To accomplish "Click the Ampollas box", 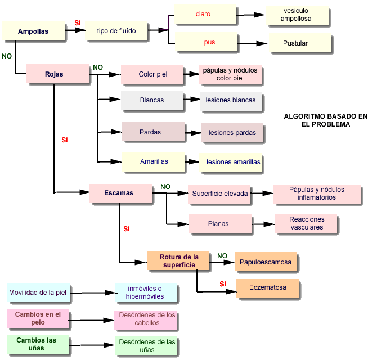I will pyautogui.click(x=33, y=31).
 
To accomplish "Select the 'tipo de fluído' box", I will pyautogui.click(x=116, y=31).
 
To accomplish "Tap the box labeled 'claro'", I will pyautogui.click(x=203, y=14).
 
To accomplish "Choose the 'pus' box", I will pyautogui.click(x=209, y=42).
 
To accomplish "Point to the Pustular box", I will pyautogui.click(x=295, y=43).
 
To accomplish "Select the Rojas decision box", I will pyautogui.click(x=54, y=74).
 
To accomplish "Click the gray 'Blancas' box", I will pyautogui.click(x=152, y=100).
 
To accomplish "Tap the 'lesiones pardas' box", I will pyautogui.click(x=232, y=133).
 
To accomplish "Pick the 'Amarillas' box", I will pyautogui.click(x=154, y=162).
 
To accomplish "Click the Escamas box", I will pyautogui.click(x=119, y=193).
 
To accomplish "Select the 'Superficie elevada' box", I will pyautogui.click(x=219, y=193).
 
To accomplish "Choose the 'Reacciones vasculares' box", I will pyautogui.click(x=306, y=223).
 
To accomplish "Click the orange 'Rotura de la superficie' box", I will pyautogui.click(x=178, y=261).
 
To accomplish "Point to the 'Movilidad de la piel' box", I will pyautogui.click(x=38, y=292).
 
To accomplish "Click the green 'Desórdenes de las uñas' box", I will pyautogui.click(x=147, y=345).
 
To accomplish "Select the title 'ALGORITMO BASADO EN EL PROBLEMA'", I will pyautogui.click(x=325, y=120).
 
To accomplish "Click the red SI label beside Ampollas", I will pyautogui.click(x=78, y=23).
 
